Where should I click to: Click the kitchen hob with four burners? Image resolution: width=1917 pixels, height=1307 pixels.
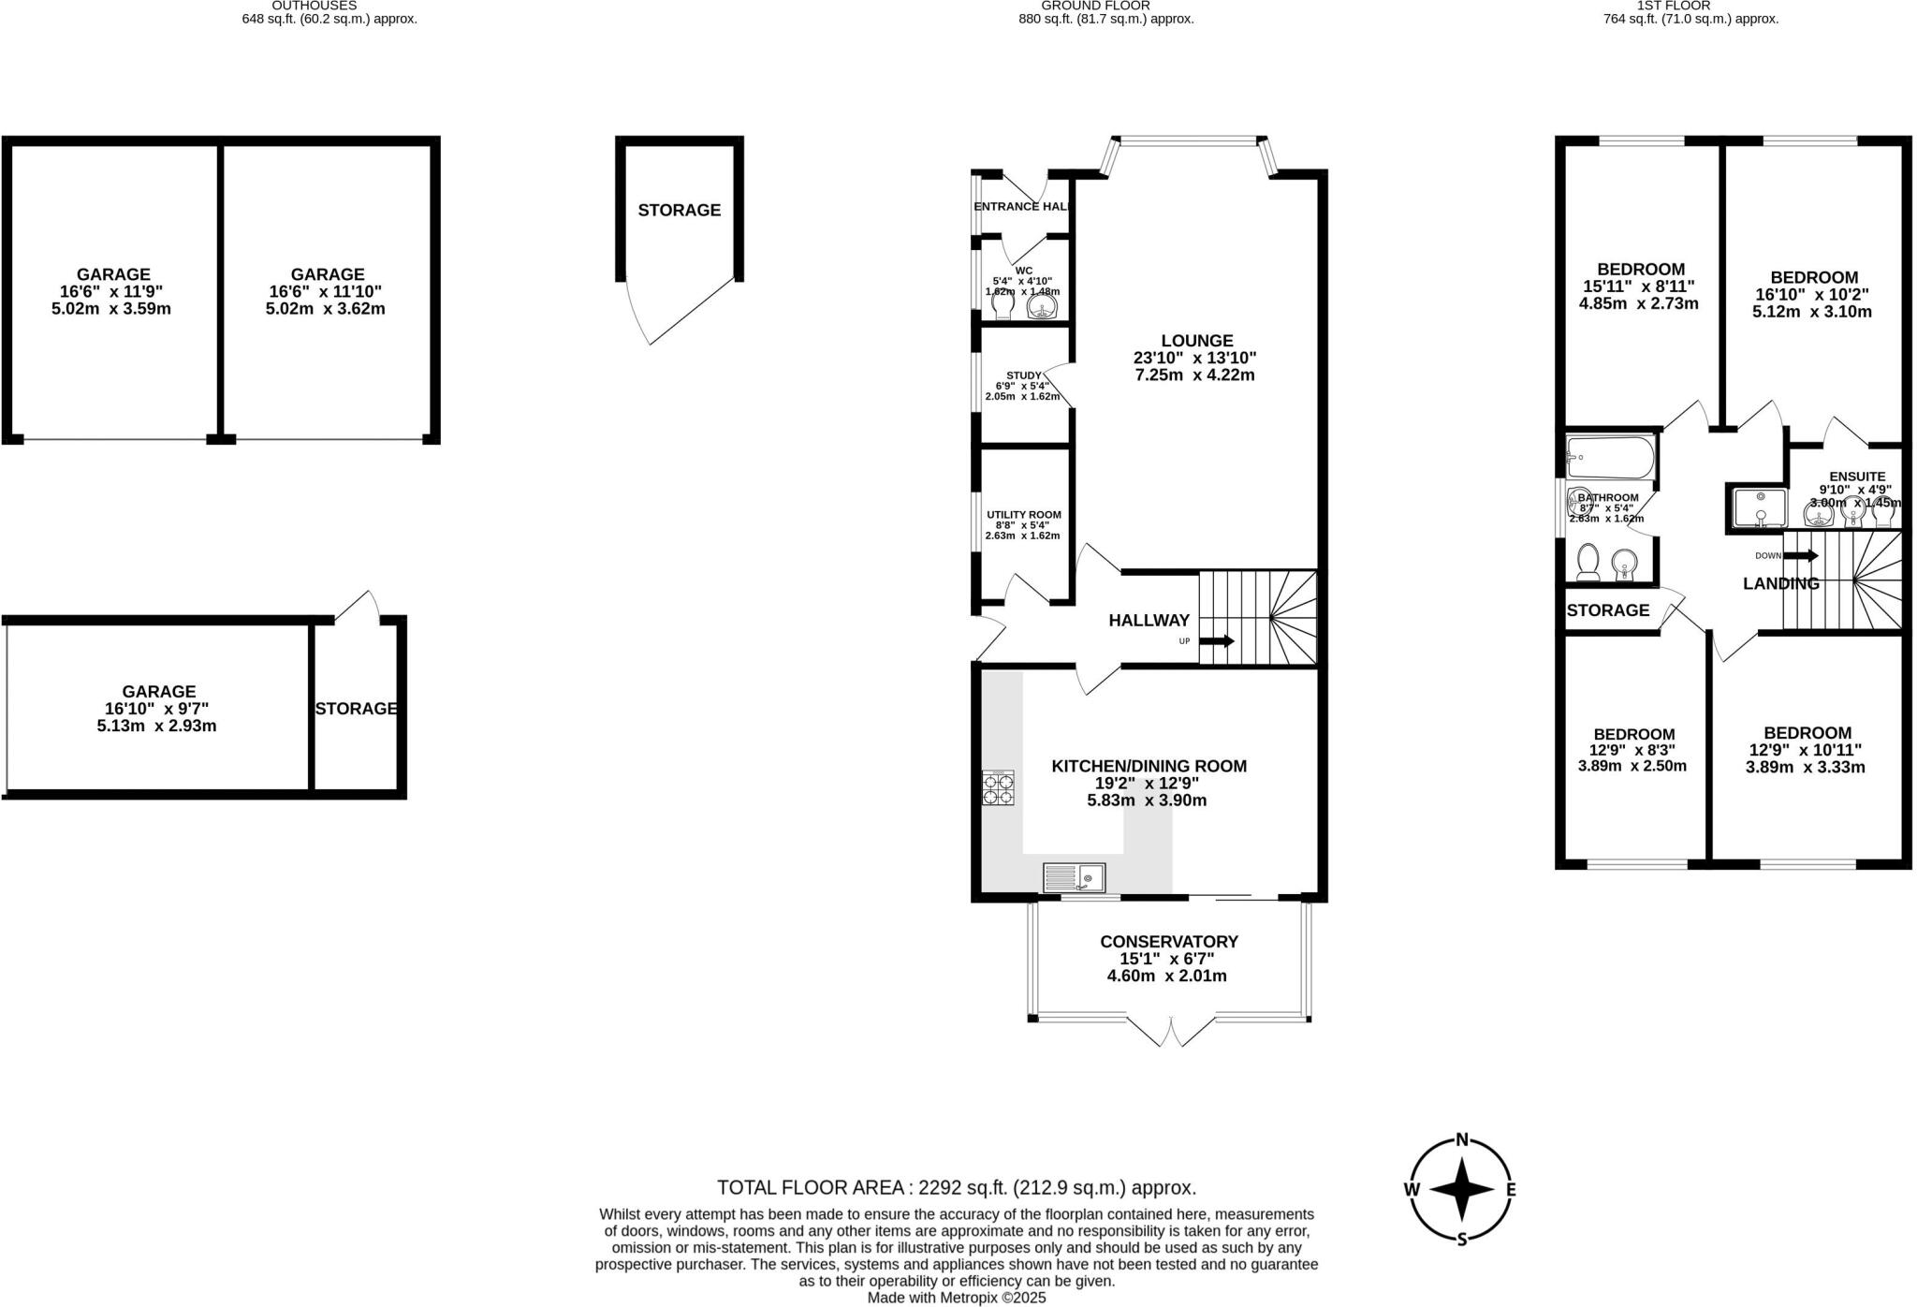[998, 787]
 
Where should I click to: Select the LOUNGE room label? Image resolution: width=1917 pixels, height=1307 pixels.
[1196, 341]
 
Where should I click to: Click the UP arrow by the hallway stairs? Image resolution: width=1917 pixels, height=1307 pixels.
[1218, 641]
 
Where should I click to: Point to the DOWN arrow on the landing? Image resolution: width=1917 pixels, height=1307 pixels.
[1801, 555]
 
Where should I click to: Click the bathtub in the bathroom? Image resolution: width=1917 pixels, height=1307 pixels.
[1610, 458]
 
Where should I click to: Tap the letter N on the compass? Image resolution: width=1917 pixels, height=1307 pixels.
[1461, 1140]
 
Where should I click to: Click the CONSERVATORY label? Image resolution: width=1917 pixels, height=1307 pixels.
[1168, 942]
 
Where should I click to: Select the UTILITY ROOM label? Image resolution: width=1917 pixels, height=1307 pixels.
[1023, 515]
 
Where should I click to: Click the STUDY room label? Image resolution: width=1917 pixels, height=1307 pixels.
[1023, 375]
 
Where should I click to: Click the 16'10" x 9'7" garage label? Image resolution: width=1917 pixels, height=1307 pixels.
[157, 709]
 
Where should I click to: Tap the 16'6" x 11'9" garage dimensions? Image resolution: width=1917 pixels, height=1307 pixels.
[111, 291]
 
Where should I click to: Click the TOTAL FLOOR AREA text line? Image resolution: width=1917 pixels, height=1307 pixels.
[956, 1188]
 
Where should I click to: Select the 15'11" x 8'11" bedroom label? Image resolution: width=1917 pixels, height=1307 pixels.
[1640, 286]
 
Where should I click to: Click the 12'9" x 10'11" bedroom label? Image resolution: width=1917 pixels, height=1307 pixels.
[1805, 750]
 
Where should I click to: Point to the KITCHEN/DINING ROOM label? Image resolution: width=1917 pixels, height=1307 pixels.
[1149, 766]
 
